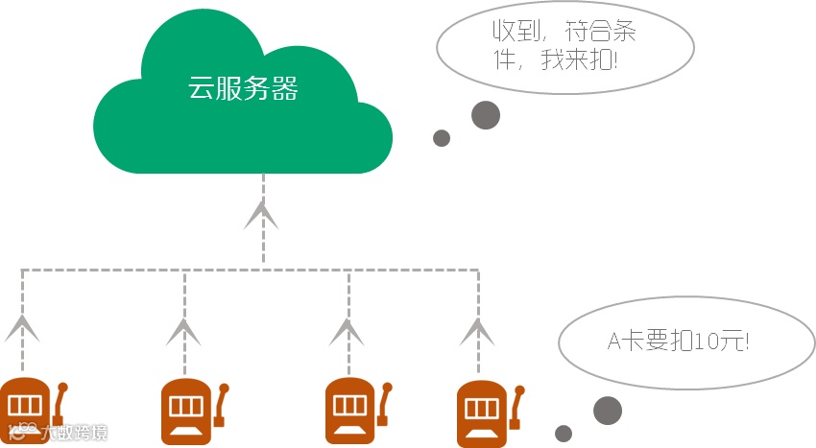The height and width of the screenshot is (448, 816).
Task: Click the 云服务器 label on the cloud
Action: [x=243, y=90]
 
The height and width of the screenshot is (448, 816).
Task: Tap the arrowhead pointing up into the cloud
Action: [x=261, y=215]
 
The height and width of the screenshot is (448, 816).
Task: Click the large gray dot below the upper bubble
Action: [x=486, y=115]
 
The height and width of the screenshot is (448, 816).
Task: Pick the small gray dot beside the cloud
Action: [x=442, y=138]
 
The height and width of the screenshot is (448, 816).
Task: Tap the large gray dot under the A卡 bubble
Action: [x=608, y=411]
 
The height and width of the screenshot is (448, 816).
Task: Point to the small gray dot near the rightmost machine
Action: [x=564, y=433]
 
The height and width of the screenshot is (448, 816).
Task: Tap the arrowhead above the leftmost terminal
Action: [x=21, y=328]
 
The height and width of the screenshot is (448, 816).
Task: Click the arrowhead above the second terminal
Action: [x=183, y=330]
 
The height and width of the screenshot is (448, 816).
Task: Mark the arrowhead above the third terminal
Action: [x=347, y=330]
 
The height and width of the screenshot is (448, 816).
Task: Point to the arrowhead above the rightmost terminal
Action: [x=477, y=330]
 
